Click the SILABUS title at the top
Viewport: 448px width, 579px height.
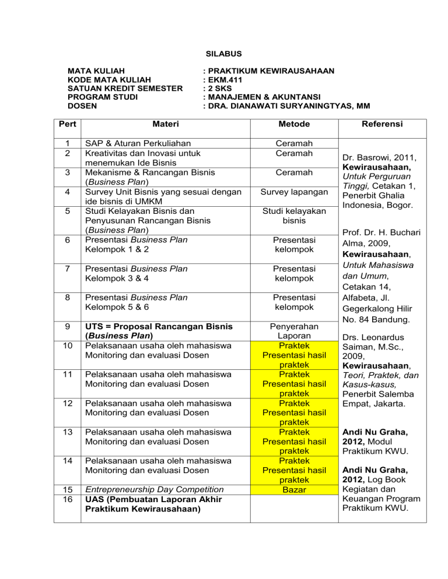223,52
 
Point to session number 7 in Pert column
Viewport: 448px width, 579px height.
68,269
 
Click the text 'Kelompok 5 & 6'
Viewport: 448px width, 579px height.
118,306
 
